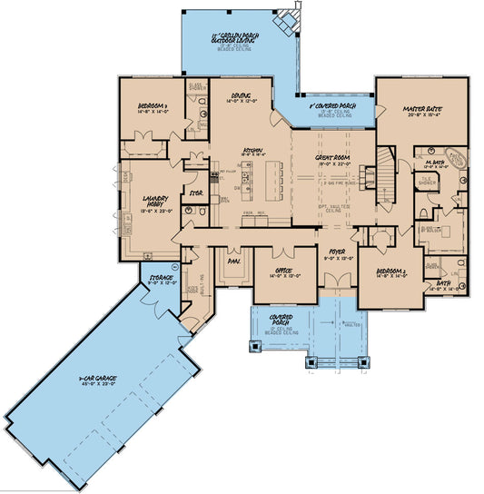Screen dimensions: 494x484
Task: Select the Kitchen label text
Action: pos(252,151)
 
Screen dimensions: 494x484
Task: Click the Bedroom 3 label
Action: pos(152,105)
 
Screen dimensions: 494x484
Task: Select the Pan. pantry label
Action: pos(232,261)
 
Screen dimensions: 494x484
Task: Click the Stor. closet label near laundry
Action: pos(193,193)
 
